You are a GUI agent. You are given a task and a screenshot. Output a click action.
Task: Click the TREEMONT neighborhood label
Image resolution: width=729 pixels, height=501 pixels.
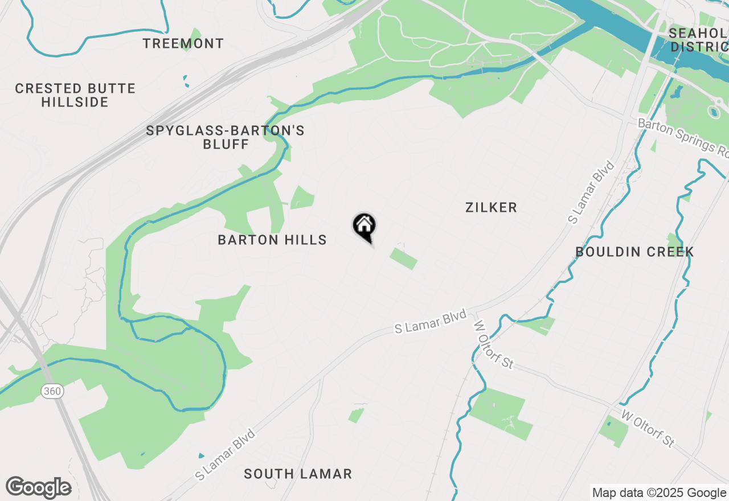pos(183,43)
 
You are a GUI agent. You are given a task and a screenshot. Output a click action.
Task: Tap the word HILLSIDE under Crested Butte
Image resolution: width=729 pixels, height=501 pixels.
pos(75,102)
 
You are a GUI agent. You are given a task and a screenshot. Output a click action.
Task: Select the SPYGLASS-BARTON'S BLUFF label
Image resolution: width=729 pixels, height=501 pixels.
pos(226,137)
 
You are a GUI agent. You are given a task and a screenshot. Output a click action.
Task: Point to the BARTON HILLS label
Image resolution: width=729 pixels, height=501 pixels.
pos(272,240)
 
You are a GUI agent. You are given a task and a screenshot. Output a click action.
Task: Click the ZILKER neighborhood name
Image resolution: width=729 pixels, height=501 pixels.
pos(491,207)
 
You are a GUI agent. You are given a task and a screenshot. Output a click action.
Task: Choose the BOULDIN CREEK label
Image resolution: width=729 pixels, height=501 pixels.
pos(634,252)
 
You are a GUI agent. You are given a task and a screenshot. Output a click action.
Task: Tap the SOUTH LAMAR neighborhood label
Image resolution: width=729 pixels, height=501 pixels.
pos(298,474)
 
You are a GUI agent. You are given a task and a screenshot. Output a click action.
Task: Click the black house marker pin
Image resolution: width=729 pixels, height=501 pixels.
pos(364,225)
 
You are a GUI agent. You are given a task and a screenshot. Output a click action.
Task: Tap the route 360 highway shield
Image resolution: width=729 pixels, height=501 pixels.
pos(50,392)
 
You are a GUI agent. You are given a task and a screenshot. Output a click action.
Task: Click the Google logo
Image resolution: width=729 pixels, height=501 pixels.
pos(39,487)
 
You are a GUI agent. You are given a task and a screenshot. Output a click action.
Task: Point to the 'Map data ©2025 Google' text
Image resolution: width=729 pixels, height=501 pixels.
pos(659,493)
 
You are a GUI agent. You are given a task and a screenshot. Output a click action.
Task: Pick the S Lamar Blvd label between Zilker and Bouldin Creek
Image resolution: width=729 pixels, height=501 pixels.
pos(592,192)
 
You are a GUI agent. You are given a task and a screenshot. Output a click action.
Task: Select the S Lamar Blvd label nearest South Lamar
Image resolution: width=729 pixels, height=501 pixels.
pos(225,455)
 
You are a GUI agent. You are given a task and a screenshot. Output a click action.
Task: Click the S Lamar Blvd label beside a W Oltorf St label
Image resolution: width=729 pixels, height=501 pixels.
pos(431,322)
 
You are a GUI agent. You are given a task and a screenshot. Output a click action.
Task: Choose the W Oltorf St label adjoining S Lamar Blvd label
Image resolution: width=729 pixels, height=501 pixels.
pos(493,344)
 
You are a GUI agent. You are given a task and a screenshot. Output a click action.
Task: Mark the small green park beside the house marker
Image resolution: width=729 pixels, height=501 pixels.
pos(403,258)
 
